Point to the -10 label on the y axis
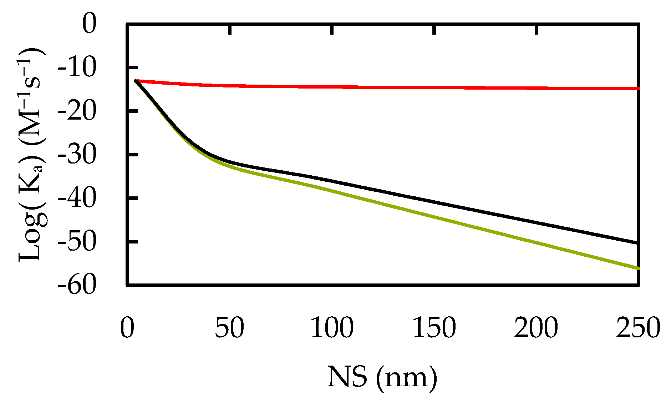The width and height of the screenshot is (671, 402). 77,67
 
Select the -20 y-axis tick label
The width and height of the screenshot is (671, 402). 77,111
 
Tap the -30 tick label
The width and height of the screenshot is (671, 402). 77,155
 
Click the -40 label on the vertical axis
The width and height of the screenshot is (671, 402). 77,198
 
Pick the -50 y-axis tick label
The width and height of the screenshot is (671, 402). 77,242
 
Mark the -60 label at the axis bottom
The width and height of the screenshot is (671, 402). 77,285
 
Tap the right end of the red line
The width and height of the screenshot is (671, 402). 637,89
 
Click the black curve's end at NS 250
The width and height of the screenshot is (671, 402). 637,243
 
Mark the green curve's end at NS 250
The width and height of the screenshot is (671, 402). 637,268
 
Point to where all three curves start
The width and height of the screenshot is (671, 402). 136,81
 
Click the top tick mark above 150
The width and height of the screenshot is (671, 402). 434,30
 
